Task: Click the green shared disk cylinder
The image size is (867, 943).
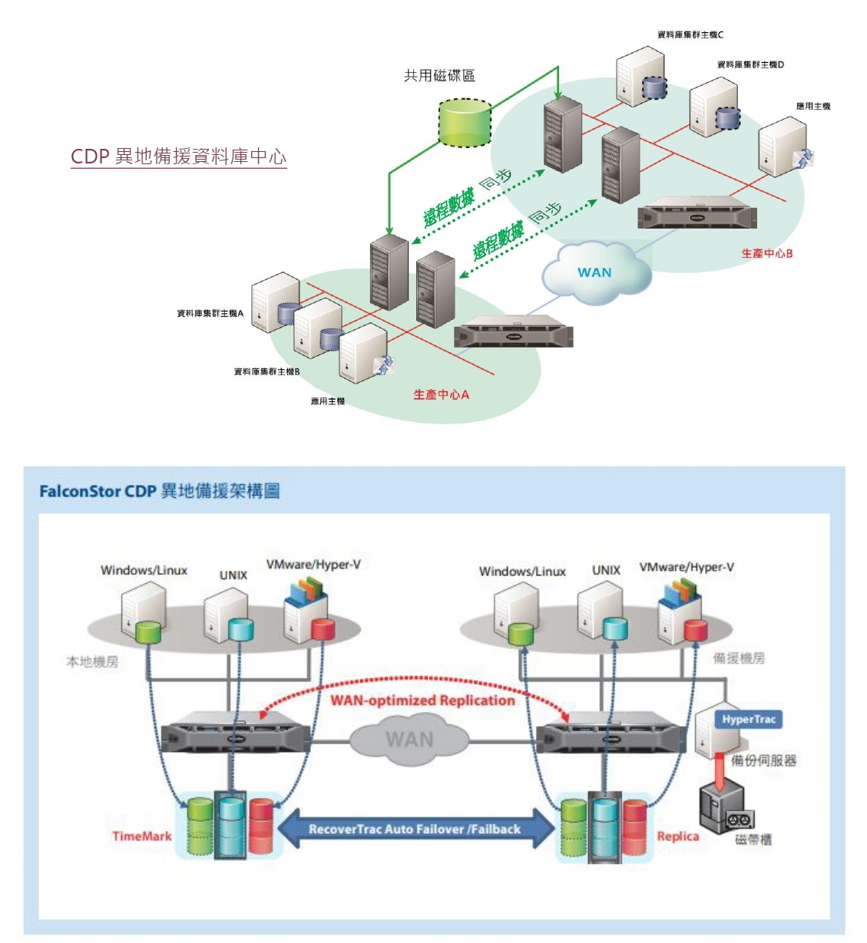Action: pyautogui.click(x=465, y=123)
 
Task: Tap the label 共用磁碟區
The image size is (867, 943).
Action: pyautogui.click(x=439, y=75)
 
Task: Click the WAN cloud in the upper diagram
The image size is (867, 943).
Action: pyautogui.click(x=595, y=272)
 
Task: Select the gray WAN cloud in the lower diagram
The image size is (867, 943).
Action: pyautogui.click(x=409, y=740)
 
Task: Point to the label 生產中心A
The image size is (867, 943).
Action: pyautogui.click(x=441, y=394)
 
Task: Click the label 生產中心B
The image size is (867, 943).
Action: pyautogui.click(x=766, y=253)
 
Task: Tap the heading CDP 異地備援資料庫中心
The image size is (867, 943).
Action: pyautogui.click(x=178, y=157)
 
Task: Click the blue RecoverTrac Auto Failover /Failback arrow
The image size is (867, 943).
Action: pyautogui.click(x=415, y=829)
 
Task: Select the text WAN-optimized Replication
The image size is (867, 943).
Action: pyautogui.click(x=422, y=700)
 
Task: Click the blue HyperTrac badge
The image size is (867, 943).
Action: pyautogui.click(x=749, y=719)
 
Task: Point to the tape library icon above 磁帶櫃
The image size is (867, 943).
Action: pyautogui.click(x=726, y=809)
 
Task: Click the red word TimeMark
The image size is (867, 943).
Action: pyautogui.click(x=142, y=836)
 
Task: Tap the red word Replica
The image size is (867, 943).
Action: pyautogui.click(x=677, y=836)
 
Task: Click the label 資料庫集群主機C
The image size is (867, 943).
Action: pyautogui.click(x=690, y=35)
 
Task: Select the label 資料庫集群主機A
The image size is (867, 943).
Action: pyautogui.click(x=210, y=313)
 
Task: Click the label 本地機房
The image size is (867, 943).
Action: pyautogui.click(x=92, y=661)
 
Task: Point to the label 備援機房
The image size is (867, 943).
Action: pyautogui.click(x=739, y=658)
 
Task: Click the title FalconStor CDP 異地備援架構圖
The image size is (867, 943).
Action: pyautogui.click(x=160, y=491)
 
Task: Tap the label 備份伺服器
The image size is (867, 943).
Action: pyautogui.click(x=763, y=760)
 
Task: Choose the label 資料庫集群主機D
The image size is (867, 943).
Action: pyautogui.click(x=750, y=64)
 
